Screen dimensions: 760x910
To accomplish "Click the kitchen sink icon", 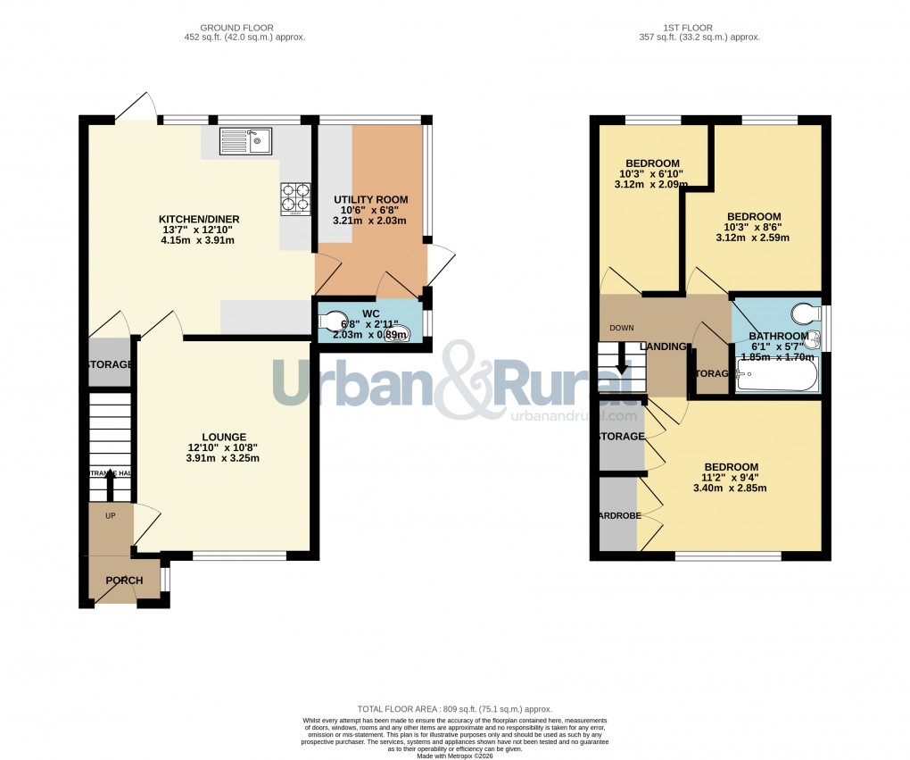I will (x=245, y=141).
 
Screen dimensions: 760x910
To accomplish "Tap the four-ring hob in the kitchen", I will (x=296, y=199).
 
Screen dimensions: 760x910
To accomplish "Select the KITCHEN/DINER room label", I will (x=199, y=220).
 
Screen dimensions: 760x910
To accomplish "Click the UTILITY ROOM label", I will (x=370, y=199).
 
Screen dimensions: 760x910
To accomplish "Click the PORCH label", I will (x=124, y=580).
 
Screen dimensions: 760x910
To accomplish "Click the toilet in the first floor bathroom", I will (x=806, y=313).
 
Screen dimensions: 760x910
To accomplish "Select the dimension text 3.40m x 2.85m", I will (x=731, y=489).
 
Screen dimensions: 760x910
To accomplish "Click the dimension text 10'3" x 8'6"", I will (x=753, y=227).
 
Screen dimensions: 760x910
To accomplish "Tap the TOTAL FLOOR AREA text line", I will (x=455, y=707).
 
